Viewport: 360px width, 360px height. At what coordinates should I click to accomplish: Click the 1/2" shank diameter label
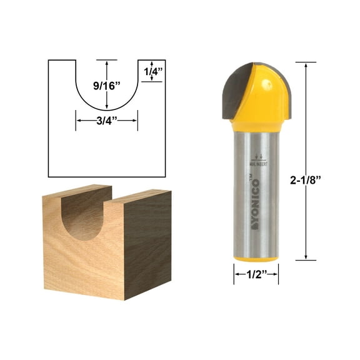pos(256,273)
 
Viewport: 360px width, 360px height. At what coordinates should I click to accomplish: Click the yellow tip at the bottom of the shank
pos(256,257)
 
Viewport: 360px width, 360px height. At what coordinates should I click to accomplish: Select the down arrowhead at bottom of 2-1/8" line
pos(306,256)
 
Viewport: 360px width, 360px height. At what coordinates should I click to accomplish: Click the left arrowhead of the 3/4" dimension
pos(78,121)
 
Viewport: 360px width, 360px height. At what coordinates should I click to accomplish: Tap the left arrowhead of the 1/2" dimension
pos(236,273)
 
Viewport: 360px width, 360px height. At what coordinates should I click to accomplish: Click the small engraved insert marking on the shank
pos(256,161)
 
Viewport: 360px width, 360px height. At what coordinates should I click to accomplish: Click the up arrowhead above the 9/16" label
pos(107,62)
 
